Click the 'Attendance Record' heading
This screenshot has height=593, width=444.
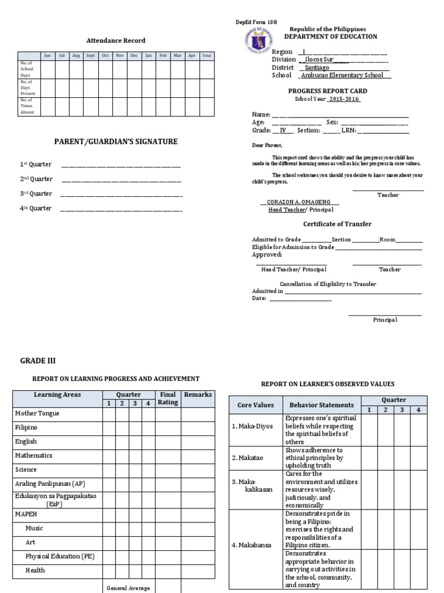116,41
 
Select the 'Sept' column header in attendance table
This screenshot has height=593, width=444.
91,56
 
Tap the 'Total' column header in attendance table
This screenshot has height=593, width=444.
207,56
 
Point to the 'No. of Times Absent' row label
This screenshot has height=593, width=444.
27,107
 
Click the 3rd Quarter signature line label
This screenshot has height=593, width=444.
36,193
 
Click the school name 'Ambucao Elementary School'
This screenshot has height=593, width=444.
345,75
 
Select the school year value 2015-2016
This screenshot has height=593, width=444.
344,99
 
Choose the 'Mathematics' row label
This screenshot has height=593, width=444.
34,456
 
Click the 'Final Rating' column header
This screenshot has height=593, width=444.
168,398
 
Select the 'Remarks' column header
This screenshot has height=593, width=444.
197,395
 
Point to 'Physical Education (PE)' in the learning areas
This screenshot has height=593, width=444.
60,557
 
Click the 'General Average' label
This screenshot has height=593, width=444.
128,588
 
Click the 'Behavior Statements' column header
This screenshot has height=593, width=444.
321,405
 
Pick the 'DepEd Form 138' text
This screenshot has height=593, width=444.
253,22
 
